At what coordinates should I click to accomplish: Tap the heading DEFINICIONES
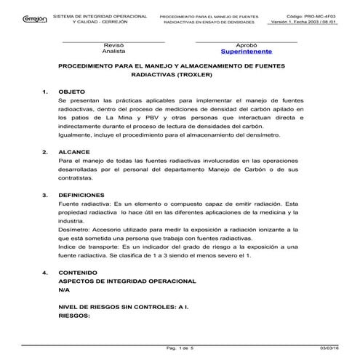pos(83,196)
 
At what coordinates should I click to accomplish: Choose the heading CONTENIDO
pos(79,273)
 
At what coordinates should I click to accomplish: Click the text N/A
pos(64,289)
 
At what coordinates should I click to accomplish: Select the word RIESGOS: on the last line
pos(73,316)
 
